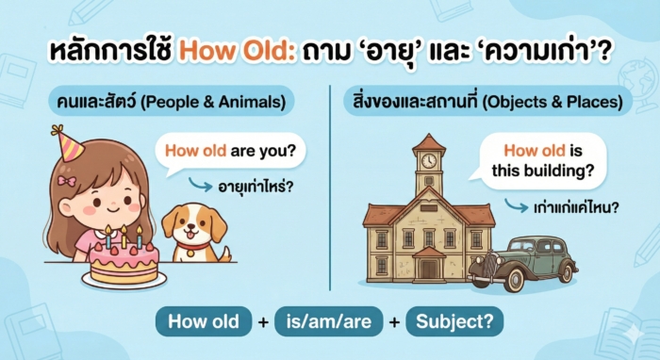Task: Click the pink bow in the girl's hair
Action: tap(65, 179)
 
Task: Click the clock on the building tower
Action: tap(429, 160)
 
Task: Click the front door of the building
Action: tap(429, 268)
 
